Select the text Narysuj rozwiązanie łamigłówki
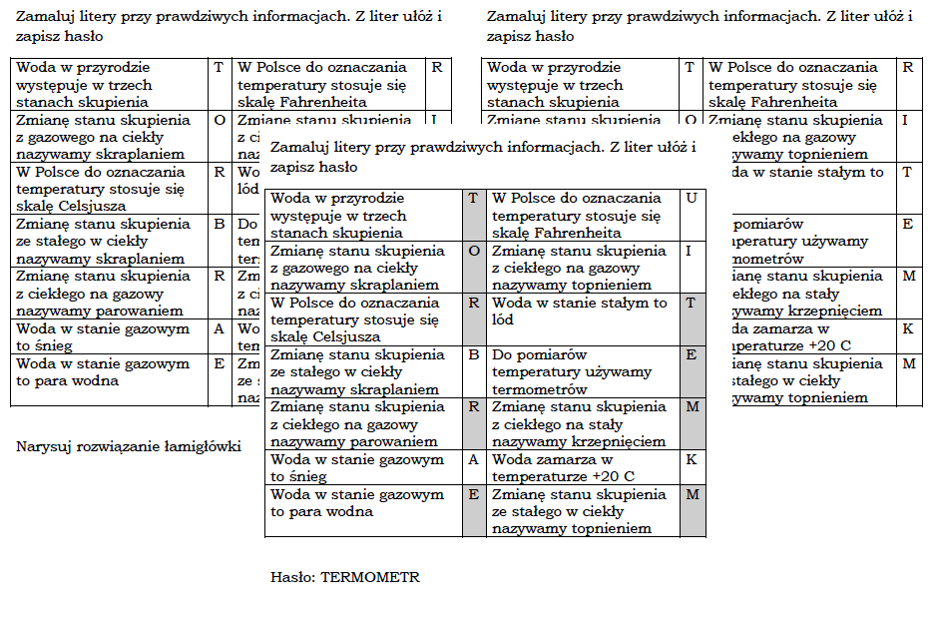pyautogui.click(x=129, y=446)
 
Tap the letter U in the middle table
pyautogui.click(x=692, y=199)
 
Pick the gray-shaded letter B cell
pyautogui.click(x=474, y=354)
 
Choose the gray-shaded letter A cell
pyautogui.click(x=474, y=460)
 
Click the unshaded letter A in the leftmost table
pyautogui.click(x=219, y=328)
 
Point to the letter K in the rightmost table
pyautogui.click(x=907, y=328)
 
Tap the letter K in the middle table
pyautogui.click(x=692, y=460)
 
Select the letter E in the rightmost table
pyautogui.click(x=907, y=225)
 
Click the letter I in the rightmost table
pyautogui.click(x=905, y=120)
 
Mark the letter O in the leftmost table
pyautogui.click(x=219, y=120)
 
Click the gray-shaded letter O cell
pyautogui.click(x=474, y=251)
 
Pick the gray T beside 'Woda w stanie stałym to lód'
pyautogui.click(x=692, y=303)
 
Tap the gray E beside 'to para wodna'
pyautogui.click(x=474, y=494)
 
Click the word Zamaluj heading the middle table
pyautogui.click(x=300, y=148)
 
